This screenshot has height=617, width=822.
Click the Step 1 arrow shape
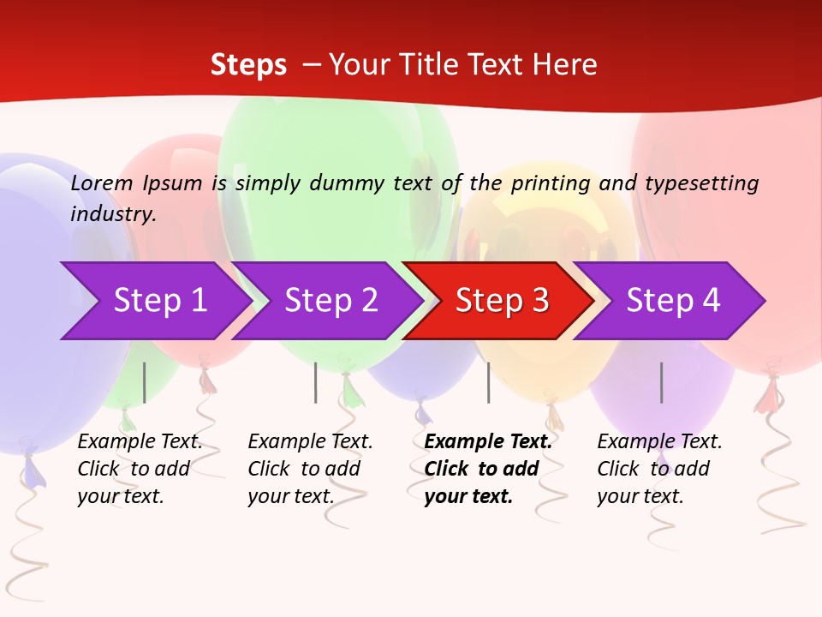pos(154,301)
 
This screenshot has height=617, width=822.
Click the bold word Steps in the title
pos(248,65)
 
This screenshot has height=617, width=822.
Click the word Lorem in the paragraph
pos(102,183)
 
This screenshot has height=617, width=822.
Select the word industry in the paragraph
pos(113,213)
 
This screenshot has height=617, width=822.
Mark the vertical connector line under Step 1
pos(144,382)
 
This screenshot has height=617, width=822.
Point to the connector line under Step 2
pos(315,382)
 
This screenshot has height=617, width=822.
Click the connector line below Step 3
pos(488,382)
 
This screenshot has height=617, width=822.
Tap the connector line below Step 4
pos(661,382)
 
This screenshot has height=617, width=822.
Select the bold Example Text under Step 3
pos(488,442)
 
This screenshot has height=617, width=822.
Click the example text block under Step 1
pos(140,469)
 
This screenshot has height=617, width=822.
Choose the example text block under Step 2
pos(310,469)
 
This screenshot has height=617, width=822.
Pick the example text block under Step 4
pos(659,469)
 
